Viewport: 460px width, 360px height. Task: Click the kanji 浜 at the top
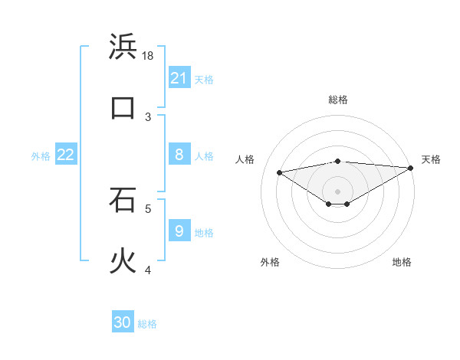[x=123, y=47]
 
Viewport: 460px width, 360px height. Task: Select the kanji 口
[x=123, y=107]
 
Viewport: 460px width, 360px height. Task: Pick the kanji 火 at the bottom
[x=123, y=260]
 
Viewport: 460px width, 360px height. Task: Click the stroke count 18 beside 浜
[x=149, y=56]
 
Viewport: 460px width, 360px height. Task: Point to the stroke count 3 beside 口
[x=149, y=116]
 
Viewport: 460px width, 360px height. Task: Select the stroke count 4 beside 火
[x=149, y=270]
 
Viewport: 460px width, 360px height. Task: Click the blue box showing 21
[x=179, y=77]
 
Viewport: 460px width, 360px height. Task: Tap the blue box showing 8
[x=179, y=155]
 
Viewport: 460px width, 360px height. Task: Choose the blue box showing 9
[x=179, y=230]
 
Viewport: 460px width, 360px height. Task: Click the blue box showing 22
[x=66, y=155]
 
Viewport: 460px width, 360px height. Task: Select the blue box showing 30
[x=123, y=322]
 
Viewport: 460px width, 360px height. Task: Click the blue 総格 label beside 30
[x=147, y=324]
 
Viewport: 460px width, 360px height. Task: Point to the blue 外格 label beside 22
[x=41, y=156]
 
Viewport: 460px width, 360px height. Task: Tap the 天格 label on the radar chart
[x=431, y=159]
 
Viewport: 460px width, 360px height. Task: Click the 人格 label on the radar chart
[x=245, y=159]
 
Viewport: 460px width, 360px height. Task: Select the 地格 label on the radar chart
[x=402, y=262]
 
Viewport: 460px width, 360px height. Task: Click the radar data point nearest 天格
[x=411, y=168]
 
